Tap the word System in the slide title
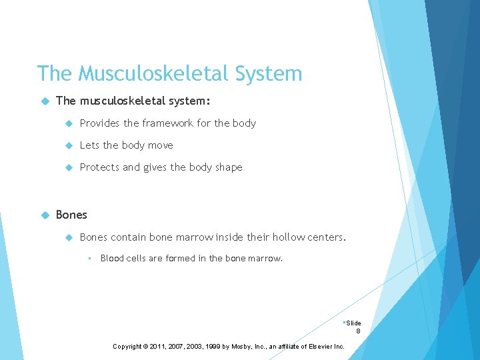click(x=269, y=73)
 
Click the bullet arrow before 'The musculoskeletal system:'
click(x=45, y=101)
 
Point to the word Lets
click(x=90, y=145)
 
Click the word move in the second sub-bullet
click(x=160, y=145)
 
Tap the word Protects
click(x=99, y=167)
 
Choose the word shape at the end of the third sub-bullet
click(x=229, y=167)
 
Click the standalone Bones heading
click(x=71, y=215)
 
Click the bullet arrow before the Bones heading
click(x=45, y=215)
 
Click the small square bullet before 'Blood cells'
click(x=89, y=258)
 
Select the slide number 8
click(x=358, y=331)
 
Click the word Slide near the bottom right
click(x=353, y=323)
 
